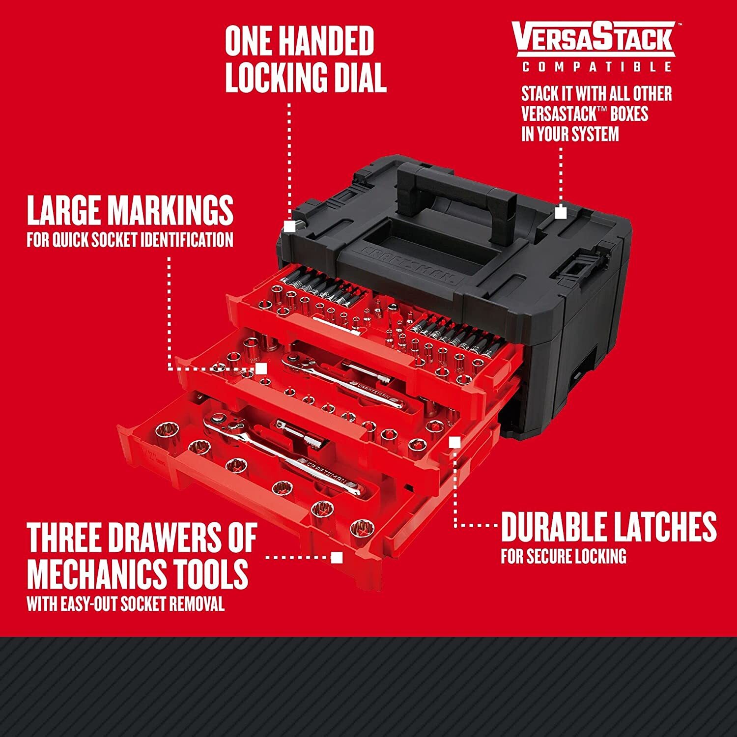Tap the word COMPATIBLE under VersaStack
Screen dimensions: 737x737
(596, 67)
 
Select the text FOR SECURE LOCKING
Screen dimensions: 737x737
(563, 556)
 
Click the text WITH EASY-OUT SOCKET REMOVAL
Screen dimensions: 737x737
(125, 604)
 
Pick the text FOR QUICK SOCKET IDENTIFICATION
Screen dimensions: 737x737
(130, 240)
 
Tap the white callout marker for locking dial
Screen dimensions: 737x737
(290, 226)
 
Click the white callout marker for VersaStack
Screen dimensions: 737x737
(561, 213)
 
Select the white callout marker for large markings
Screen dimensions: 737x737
(261, 368)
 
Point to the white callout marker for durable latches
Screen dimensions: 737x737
(455, 443)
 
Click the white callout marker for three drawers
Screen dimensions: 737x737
(337, 557)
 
